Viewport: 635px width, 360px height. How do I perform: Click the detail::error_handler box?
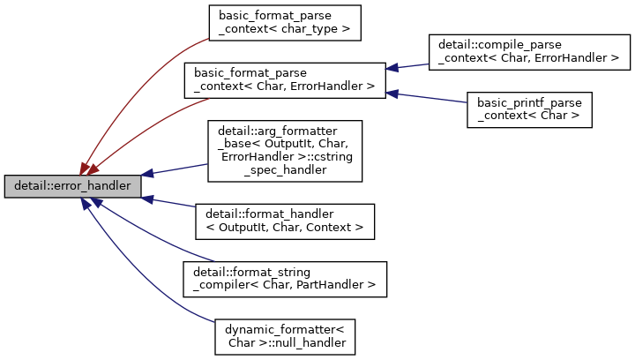point(72,186)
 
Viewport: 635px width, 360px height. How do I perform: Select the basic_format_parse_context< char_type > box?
point(285,22)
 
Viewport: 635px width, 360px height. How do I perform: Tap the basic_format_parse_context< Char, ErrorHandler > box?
point(284,79)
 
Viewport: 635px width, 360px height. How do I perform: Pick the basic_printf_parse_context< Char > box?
point(528,109)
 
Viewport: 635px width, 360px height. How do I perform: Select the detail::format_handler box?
point(285,221)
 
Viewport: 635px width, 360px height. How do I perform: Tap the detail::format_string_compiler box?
point(285,278)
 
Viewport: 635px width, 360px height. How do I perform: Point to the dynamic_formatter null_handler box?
point(284,335)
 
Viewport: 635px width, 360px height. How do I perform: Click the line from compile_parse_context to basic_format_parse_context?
point(407,66)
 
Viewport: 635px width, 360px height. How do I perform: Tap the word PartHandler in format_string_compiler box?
point(342,285)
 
